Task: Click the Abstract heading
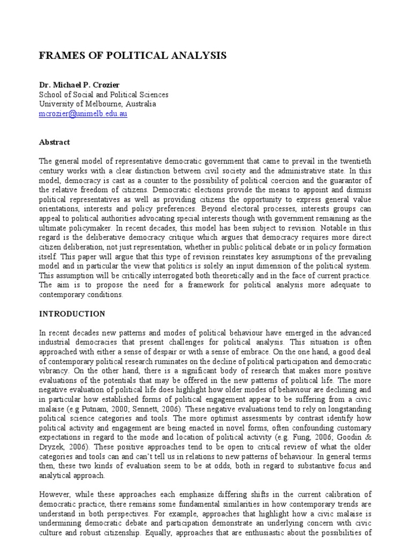point(54,143)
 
